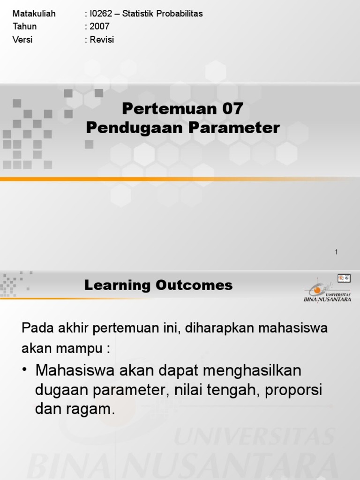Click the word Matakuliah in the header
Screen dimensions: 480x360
pos(34,14)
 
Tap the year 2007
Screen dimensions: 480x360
pos(99,27)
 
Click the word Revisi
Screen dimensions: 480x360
pos(102,40)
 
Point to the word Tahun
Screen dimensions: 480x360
pos(25,27)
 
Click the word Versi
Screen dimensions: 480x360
pos(22,40)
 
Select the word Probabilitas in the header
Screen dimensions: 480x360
pos(180,14)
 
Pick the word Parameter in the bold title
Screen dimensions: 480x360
pos(234,127)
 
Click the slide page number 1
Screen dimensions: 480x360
pos(336,252)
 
